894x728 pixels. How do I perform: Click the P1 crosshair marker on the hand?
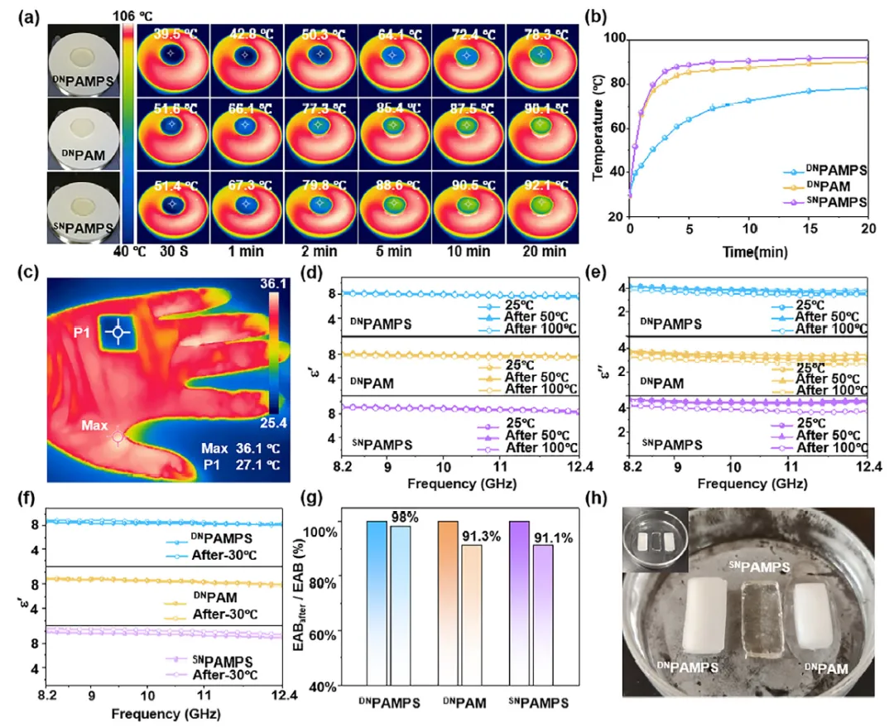[118, 332]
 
